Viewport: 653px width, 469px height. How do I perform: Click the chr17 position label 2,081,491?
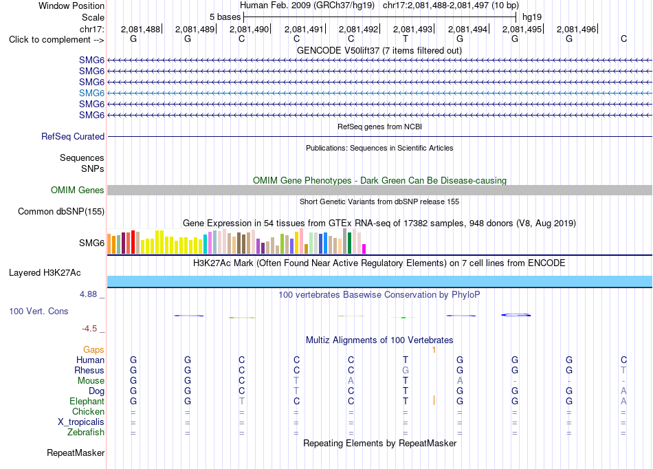pos(304,29)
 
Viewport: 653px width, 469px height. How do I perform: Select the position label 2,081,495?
pos(522,29)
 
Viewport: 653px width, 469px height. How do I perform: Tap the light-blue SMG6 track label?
pos(91,93)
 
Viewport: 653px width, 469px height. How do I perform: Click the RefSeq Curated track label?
pos(73,136)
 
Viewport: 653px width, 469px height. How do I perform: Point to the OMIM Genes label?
pos(78,190)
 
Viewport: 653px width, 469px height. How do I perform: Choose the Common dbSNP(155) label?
pos(61,211)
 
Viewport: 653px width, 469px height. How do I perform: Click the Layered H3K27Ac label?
pos(45,273)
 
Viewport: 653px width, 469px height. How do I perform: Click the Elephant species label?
pos(87,401)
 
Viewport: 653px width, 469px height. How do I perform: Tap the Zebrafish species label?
pos(86,432)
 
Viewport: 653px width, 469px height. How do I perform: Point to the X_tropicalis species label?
pos(81,422)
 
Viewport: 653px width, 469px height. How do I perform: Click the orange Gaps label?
pos(93,349)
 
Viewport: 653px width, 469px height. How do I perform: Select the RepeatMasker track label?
pos(76,452)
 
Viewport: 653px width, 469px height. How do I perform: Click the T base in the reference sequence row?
pos(406,39)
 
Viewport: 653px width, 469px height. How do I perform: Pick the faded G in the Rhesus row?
pos(406,370)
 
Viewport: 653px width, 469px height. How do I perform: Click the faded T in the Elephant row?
pos(241,401)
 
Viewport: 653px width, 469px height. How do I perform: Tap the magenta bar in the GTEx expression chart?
pos(364,249)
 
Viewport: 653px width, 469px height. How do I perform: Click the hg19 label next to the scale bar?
pos(532,17)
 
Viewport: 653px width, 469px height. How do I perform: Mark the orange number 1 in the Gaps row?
pos(434,350)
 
